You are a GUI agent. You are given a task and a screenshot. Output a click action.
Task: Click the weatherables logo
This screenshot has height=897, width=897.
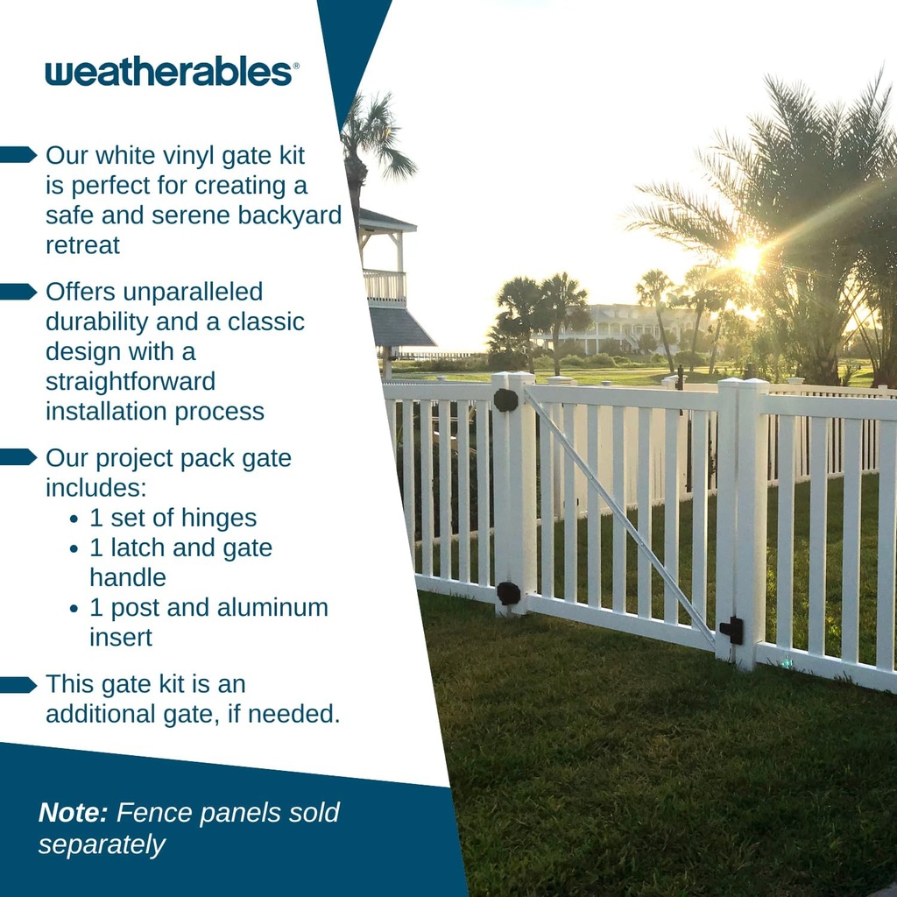pos(172,73)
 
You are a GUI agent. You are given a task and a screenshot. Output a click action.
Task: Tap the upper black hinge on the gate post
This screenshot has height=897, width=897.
pos(505,400)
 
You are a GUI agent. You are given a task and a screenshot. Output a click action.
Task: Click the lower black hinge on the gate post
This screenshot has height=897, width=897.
pos(508,593)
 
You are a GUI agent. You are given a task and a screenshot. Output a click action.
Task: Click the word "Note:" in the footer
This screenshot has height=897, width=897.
pos(73,813)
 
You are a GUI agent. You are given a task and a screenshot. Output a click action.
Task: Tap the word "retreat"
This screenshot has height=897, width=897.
pos(82,245)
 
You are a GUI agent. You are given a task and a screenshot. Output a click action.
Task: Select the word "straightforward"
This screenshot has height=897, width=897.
pos(131,382)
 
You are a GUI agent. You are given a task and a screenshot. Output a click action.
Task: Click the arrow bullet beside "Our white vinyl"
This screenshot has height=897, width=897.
pos(18,155)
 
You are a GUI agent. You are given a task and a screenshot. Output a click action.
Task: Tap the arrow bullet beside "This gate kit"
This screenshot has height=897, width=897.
pos(18,684)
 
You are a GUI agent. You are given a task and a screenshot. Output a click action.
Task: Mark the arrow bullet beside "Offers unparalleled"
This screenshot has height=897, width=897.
pos(18,292)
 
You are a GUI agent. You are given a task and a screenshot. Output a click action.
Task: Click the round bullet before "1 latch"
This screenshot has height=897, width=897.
pos(74,549)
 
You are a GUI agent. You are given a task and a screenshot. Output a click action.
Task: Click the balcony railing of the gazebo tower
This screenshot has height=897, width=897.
pos(385,285)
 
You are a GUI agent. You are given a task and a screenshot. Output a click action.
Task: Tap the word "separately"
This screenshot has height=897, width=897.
pos(102,844)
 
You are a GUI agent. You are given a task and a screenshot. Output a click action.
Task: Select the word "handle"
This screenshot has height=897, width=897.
pos(128,578)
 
